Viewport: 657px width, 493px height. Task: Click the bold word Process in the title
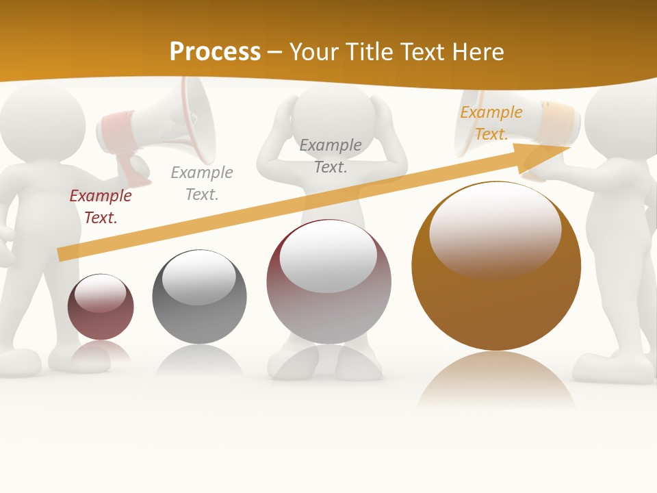click(x=215, y=51)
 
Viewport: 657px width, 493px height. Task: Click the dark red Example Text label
click(x=101, y=207)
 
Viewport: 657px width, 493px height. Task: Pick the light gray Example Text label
click(x=202, y=184)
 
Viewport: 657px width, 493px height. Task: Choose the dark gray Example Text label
click(x=331, y=156)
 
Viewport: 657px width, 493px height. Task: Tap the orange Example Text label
click(x=491, y=123)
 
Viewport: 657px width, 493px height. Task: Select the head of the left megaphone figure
click(x=41, y=123)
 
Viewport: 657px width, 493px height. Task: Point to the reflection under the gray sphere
click(x=199, y=361)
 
